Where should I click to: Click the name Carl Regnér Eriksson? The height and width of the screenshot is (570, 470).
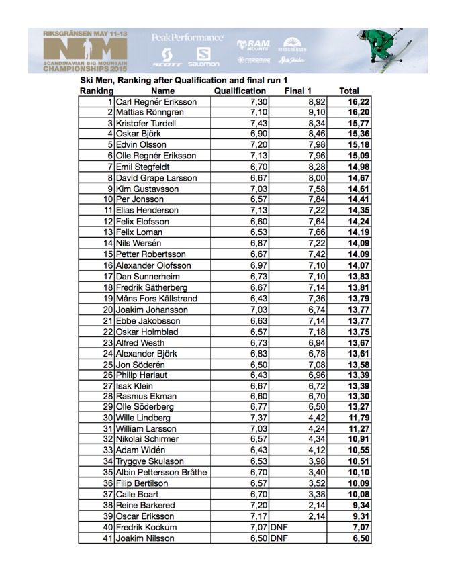pyautogui.click(x=156, y=101)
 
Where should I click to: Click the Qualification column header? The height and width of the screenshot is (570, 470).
pyautogui.click(x=240, y=91)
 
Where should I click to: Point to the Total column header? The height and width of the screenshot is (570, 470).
pyautogui.click(x=348, y=91)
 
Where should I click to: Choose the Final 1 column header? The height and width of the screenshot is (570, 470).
pyautogui.click(x=297, y=91)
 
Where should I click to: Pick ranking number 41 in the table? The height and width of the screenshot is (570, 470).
pyautogui.click(x=108, y=538)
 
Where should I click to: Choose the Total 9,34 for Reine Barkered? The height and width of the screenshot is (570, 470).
pyautogui.click(x=356, y=506)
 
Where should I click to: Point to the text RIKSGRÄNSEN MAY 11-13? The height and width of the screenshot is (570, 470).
pyautogui.click(x=85, y=32)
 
